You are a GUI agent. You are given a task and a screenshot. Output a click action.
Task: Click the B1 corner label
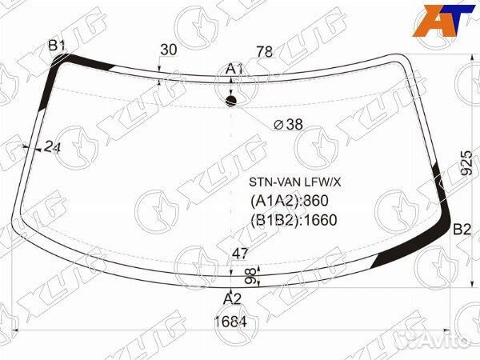(57, 46)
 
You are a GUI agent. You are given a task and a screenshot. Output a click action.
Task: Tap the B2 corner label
(462, 230)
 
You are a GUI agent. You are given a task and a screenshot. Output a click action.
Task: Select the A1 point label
(234, 69)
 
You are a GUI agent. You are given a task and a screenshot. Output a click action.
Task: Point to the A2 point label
(232, 298)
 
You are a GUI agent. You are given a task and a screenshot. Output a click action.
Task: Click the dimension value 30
(169, 50)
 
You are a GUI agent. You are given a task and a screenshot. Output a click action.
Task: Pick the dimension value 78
(265, 51)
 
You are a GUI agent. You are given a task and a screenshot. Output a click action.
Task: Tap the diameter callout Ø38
(288, 124)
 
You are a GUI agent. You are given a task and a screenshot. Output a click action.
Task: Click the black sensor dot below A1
(231, 101)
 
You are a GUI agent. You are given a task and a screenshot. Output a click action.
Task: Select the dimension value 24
(52, 147)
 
